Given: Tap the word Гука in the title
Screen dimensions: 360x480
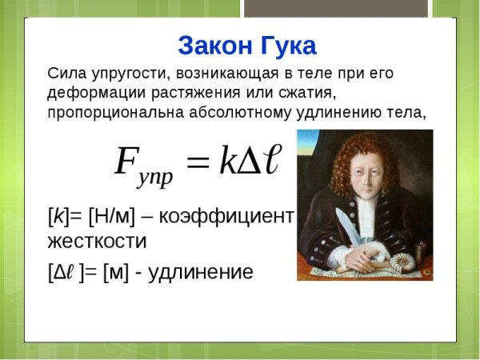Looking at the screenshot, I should click(x=282, y=44).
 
